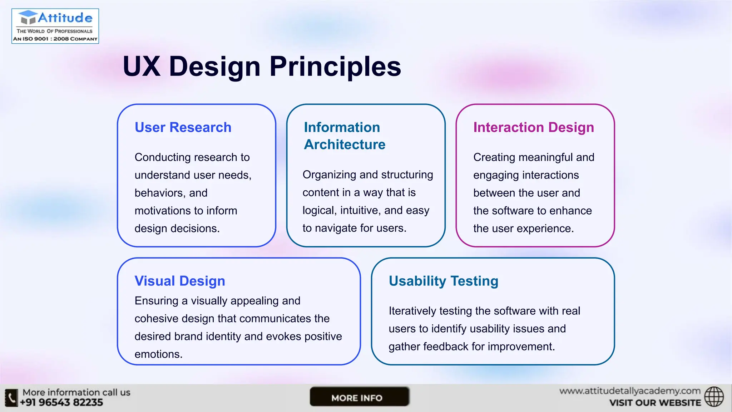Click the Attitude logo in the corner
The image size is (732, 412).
[x=55, y=26]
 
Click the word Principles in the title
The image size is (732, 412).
[x=335, y=67]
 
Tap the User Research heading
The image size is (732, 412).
[x=183, y=127]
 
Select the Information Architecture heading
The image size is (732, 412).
[x=344, y=136]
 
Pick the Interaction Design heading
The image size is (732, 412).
[x=533, y=127]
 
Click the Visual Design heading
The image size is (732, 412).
[x=180, y=281]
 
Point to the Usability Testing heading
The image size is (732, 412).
[x=443, y=281]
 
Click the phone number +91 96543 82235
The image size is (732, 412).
[x=61, y=403]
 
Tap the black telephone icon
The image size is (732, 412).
[x=11, y=398]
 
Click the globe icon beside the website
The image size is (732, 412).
[x=714, y=397]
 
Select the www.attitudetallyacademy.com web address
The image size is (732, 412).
[x=629, y=391]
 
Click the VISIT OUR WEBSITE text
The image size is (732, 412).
[x=655, y=403]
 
